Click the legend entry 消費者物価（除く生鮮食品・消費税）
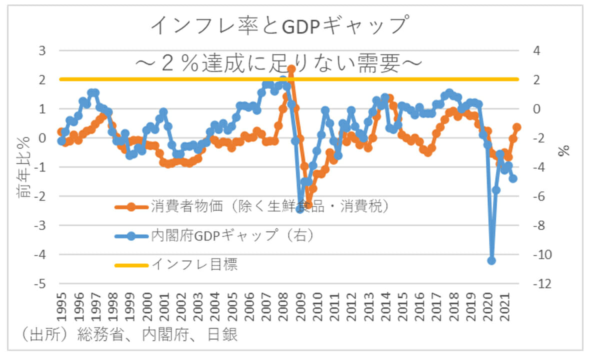270,206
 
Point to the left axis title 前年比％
25,167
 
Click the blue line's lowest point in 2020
491,260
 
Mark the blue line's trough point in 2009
300,209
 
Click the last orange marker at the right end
517,127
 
